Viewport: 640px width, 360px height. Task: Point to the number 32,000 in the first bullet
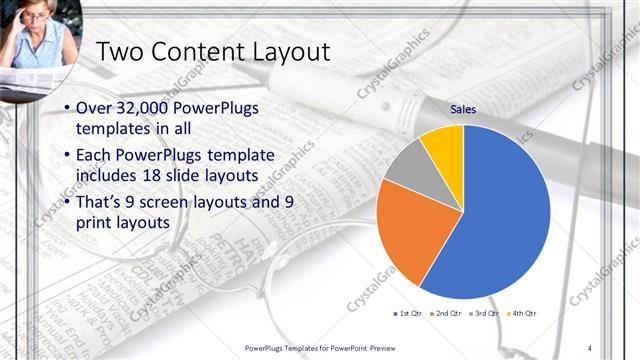point(144,108)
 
